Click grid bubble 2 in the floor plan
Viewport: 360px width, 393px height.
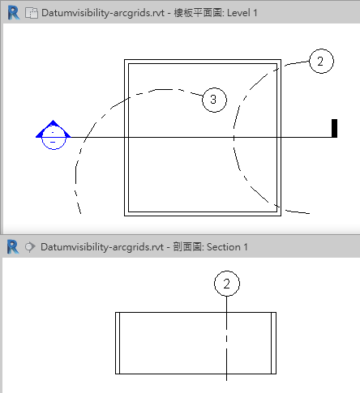click(x=321, y=62)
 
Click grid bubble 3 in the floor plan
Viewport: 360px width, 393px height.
click(x=214, y=100)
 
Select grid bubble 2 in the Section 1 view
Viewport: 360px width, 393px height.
click(x=227, y=284)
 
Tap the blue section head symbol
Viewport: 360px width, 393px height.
click(x=54, y=135)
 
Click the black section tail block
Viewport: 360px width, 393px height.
click(x=334, y=128)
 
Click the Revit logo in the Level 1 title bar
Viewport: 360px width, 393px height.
click(x=14, y=13)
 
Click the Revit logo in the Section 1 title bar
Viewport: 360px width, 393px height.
click(x=13, y=246)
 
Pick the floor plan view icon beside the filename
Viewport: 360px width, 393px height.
click(x=32, y=13)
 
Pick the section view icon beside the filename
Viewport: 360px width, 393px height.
click(x=30, y=247)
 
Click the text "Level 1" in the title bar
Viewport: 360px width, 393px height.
click(x=242, y=13)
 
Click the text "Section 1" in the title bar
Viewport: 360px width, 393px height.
click(x=227, y=247)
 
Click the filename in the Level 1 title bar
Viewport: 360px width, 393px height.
click(x=103, y=13)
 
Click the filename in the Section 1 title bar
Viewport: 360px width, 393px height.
click(x=102, y=247)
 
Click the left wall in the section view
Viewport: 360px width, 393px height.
click(x=118, y=343)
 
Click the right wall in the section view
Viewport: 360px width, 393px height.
click(x=273, y=343)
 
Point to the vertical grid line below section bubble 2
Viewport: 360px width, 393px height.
click(x=226, y=339)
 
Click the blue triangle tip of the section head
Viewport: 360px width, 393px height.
click(x=53, y=120)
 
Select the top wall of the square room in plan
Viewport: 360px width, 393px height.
click(x=203, y=62)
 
